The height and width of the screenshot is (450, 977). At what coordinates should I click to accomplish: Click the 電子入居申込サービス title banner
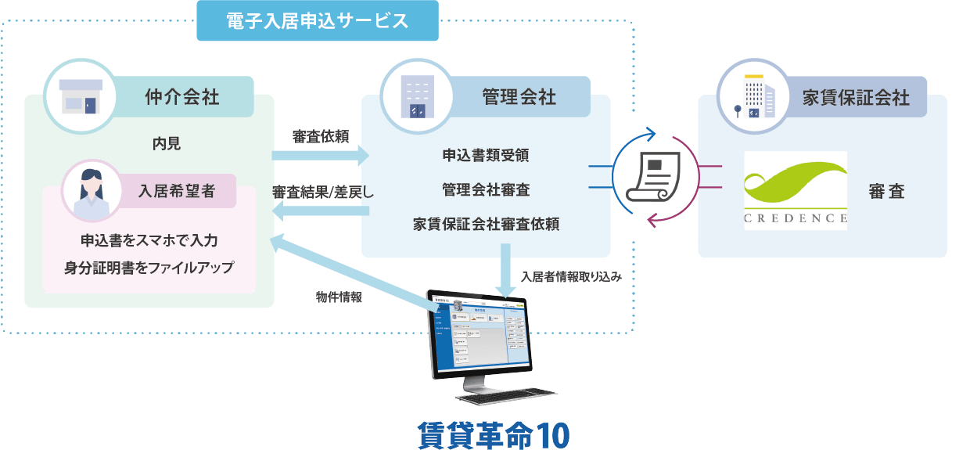click(318, 21)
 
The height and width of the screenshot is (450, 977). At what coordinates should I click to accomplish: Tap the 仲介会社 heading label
click(182, 97)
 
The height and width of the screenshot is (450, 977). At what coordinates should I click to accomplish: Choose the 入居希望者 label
click(177, 191)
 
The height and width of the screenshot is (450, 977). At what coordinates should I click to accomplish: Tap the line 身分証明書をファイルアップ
click(149, 268)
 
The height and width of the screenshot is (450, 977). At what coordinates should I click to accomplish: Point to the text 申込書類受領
click(485, 155)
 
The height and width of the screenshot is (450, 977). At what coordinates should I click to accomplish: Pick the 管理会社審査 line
click(485, 189)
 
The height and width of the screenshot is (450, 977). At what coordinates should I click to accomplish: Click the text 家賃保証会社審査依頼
click(485, 224)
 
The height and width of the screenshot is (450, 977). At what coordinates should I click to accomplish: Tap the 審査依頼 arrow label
click(320, 136)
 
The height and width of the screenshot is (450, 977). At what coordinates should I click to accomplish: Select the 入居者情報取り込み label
click(571, 276)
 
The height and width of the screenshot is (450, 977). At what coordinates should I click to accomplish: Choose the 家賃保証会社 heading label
click(856, 97)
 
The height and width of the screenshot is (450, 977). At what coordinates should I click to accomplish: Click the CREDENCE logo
click(796, 190)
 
